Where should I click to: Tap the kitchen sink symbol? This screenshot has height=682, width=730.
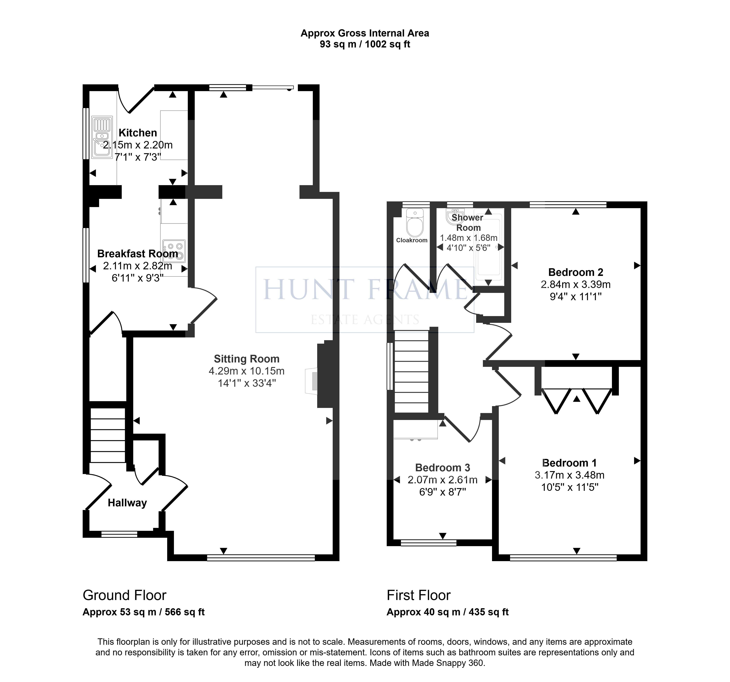(102, 137)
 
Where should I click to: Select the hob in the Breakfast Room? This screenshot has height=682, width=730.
(174, 251)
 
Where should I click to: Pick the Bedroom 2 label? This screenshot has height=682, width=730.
(575, 272)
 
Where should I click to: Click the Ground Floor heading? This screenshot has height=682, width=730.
(124, 595)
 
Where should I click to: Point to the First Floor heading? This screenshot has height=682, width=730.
(419, 595)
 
